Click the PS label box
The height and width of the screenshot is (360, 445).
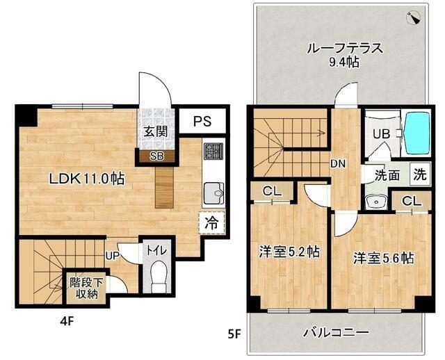(202, 121)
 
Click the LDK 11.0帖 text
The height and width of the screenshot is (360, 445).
(86, 179)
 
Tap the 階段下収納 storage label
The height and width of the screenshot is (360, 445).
(84, 288)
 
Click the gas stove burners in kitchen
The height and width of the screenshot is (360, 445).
(212, 151)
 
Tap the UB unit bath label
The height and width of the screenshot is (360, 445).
(380, 134)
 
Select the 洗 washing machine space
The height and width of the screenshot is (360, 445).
(421, 174)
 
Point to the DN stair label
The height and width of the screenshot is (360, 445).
(338, 164)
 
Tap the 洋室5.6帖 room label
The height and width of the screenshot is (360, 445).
(383, 258)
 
